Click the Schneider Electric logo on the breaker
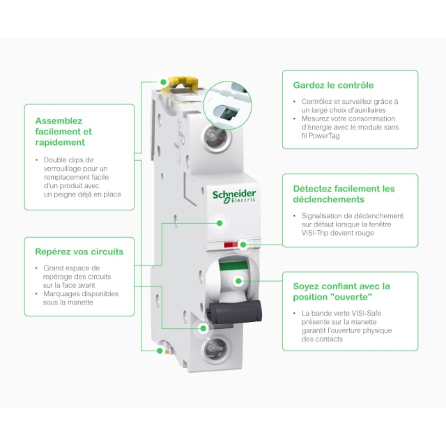(234, 197)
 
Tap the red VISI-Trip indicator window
(231, 245)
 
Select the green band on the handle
(234, 266)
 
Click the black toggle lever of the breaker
(235, 312)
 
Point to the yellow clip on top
(180, 84)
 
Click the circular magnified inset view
(228, 106)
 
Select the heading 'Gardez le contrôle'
(333, 85)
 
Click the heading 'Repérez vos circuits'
(79, 252)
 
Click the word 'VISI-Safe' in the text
(367, 313)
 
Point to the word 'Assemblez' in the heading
(59, 121)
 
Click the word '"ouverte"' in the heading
(352, 297)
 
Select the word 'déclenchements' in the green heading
(328, 199)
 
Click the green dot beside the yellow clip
(163, 82)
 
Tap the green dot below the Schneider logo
(220, 223)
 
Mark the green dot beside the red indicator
(243, 245)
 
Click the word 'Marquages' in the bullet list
(61, 294)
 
